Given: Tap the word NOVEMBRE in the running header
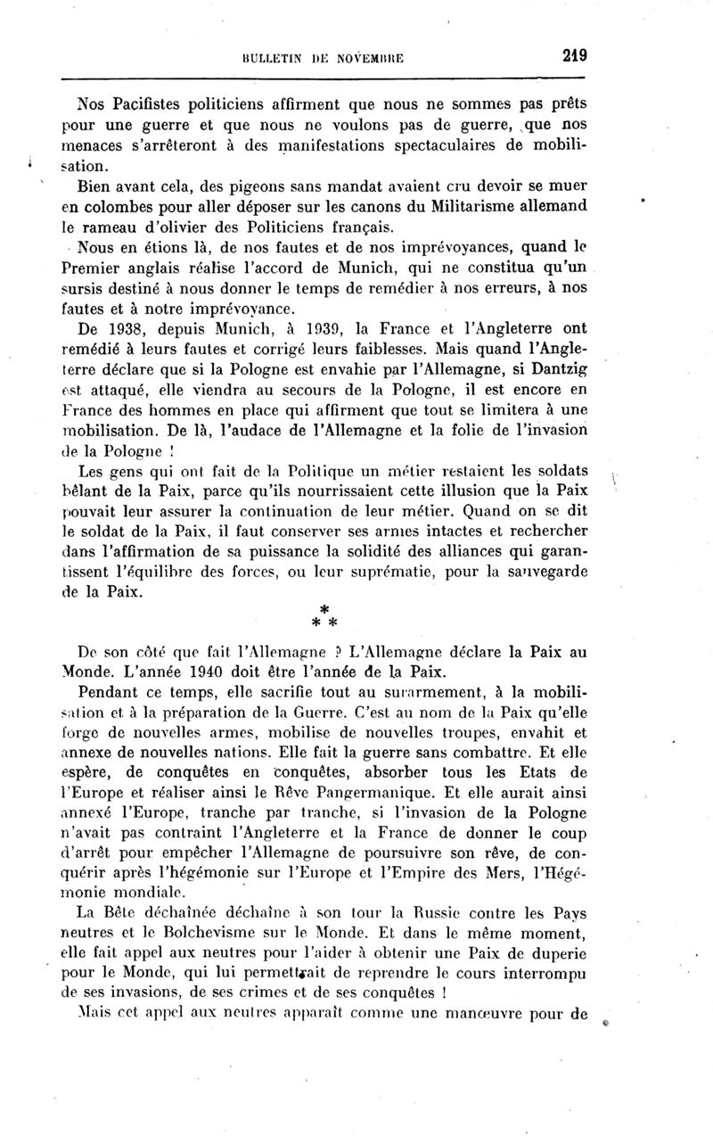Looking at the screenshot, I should [x=368, y=60].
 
